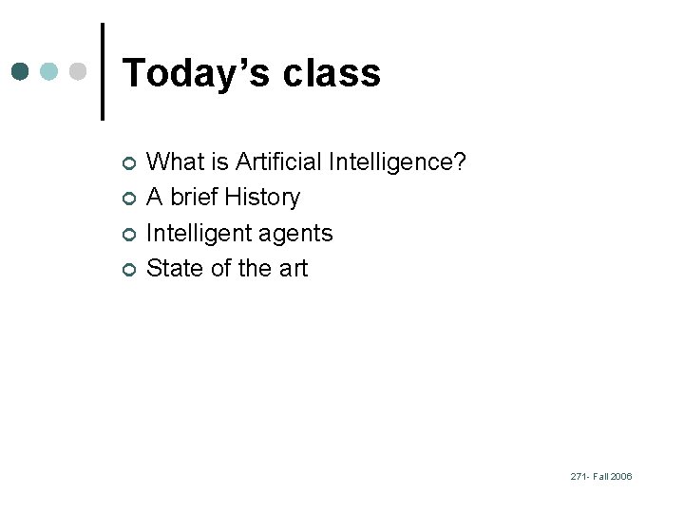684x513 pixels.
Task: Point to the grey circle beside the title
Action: (79, 71)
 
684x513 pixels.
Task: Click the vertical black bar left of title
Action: (102, 71)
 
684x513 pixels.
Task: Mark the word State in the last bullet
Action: (177, 269)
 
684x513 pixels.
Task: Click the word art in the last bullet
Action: (294, 269)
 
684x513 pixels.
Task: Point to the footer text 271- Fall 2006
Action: (600, 476)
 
